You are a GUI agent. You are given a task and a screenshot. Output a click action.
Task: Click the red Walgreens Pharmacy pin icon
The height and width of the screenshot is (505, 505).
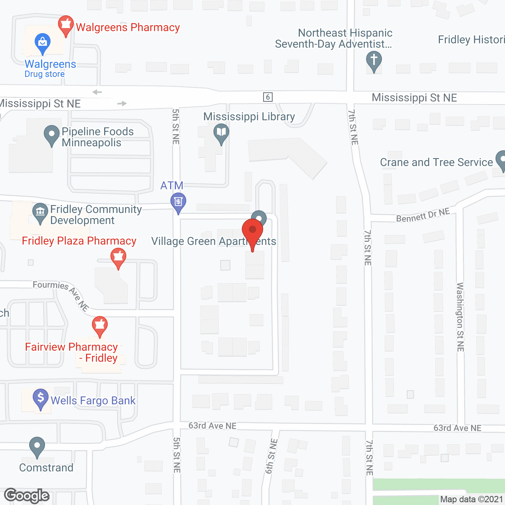pos(65,25)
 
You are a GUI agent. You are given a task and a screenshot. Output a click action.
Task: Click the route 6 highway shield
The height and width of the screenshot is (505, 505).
pos(268,97)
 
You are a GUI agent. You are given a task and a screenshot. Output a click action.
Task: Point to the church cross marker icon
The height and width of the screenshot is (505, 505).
pos(374,61)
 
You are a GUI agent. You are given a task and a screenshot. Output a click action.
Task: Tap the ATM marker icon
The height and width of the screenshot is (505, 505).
pos(178,202)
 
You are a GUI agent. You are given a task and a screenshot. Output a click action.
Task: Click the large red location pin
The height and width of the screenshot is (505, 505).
pos(252,230)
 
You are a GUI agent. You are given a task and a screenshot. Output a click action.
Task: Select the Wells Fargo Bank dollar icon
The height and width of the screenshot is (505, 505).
pos(41,398)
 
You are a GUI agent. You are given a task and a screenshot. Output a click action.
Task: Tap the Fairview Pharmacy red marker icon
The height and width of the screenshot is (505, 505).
pos(100,325)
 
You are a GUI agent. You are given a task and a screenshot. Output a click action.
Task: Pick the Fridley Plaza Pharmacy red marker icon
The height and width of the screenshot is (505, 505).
pos(118,257)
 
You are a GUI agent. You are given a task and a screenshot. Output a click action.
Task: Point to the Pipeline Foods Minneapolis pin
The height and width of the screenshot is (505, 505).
pos(51,135)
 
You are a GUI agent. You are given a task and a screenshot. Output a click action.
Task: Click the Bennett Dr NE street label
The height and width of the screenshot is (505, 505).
pos(423,215)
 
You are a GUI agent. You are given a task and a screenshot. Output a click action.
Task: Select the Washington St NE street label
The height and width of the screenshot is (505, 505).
pos(460,317)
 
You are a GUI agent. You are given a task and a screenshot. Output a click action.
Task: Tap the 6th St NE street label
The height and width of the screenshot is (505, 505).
pos(271,456)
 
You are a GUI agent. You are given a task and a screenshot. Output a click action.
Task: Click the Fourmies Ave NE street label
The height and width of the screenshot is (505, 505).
pos(61,294)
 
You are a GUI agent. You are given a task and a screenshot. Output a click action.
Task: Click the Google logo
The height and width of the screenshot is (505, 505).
pos(27,496)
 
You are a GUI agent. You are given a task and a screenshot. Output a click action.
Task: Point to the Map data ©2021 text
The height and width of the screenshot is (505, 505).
pos(471,499)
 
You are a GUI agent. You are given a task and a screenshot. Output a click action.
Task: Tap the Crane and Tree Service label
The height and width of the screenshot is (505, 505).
pos(436,162)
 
